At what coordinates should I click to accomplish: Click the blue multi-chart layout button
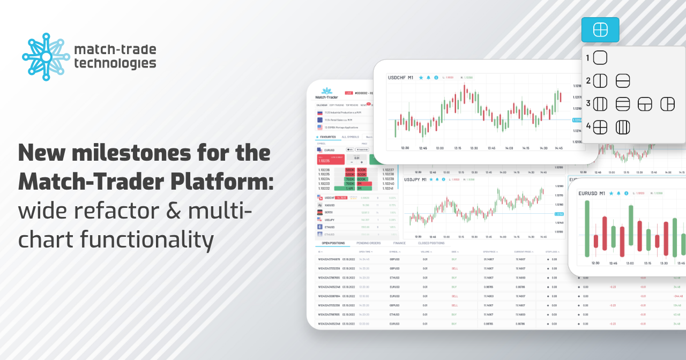coord(600,30)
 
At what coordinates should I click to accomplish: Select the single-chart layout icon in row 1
coord(600,58)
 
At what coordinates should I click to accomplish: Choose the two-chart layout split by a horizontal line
coord(622,81)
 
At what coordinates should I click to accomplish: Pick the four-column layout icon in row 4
coord(622,127)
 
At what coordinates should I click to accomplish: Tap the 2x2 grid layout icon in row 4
coord(600,127)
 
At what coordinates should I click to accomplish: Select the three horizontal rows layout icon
coord(622,104)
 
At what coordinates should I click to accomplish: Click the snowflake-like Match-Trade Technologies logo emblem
coord(46,57)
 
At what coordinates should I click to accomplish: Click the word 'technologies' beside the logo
coord(115,64)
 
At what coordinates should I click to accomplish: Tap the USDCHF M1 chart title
coord(400,78)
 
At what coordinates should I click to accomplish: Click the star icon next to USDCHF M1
coord(421,78)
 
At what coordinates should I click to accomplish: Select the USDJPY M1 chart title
coord(416,179)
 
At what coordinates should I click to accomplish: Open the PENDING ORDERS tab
coord(369,243)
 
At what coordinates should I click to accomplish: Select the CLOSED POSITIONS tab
coord(431,243)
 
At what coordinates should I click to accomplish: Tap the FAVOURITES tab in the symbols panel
coord(327,137)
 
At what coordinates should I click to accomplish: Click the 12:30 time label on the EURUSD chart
coord(595,263)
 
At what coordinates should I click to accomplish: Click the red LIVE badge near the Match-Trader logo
coord(349,93)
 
